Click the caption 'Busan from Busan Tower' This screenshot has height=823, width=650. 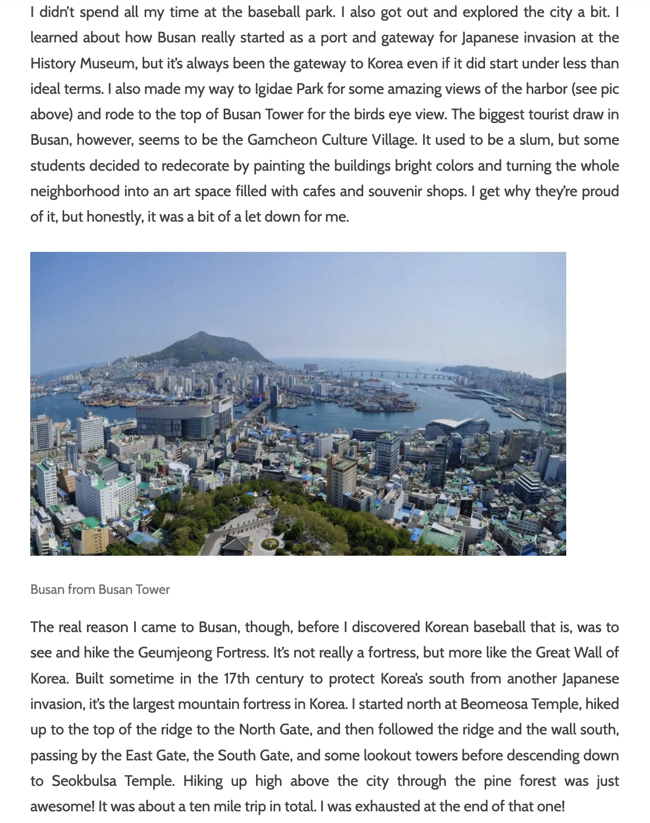(x=100, y=589)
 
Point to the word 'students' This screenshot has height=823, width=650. (x=56, y=165)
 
